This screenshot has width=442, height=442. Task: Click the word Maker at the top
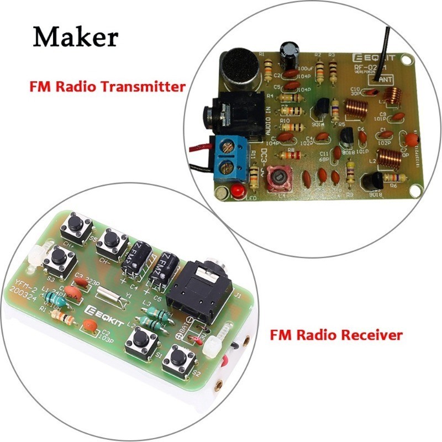coord(75,37)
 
